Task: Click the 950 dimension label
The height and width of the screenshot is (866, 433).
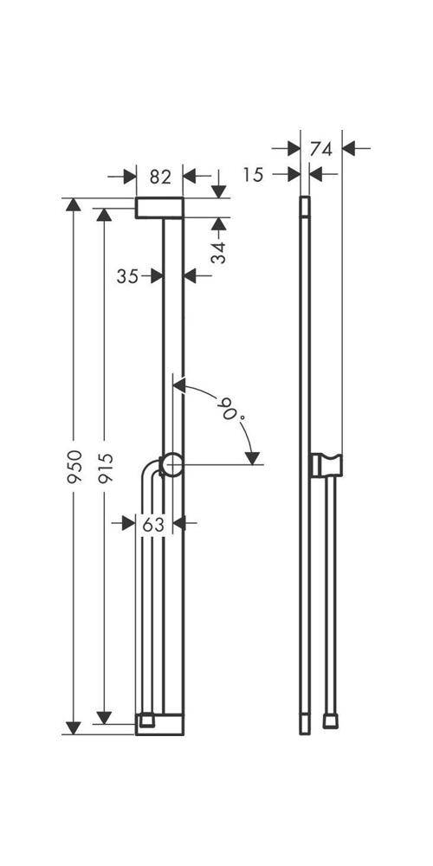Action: click(74, 467)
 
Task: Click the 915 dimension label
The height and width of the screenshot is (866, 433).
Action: click(105, 468)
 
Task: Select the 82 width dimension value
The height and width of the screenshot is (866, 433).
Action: click(160, 177)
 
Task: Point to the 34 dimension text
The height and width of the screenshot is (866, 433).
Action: click(219, 252)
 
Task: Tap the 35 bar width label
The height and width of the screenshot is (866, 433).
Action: click(127, 275)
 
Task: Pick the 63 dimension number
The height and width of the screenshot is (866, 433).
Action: click(153, 525)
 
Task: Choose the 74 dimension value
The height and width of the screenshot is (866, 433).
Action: click(321, 149)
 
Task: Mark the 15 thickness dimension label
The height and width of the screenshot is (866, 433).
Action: click(254, 175)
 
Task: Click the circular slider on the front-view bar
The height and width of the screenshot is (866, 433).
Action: click(171, 464)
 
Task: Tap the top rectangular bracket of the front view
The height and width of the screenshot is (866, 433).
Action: click(159, 208)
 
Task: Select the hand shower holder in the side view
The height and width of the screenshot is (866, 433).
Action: click(326, 465)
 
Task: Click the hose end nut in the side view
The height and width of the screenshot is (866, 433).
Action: click(330, 721)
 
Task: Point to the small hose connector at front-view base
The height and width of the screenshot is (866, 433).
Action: click(147, 721)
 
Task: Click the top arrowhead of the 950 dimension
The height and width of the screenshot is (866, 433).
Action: click(73, 204)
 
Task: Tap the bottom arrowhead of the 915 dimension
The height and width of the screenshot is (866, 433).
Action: click(104, 717)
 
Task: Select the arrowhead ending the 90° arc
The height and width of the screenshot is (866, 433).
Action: click(252, 458)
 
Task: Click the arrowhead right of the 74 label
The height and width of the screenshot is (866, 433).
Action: click(349, 148)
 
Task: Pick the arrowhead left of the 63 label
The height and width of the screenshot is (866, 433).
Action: click(128, 522)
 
